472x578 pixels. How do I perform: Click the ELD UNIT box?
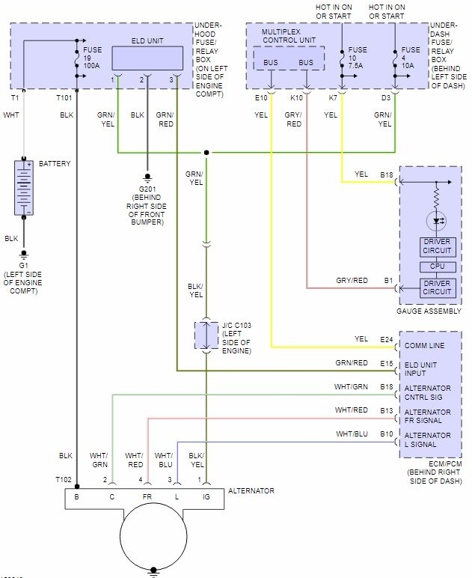(147, 57)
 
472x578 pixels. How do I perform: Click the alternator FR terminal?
(147, 496)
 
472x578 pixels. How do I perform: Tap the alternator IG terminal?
(206, 496)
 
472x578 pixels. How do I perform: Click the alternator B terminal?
(76, 496)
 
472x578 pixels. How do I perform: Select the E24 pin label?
(386, 338)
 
